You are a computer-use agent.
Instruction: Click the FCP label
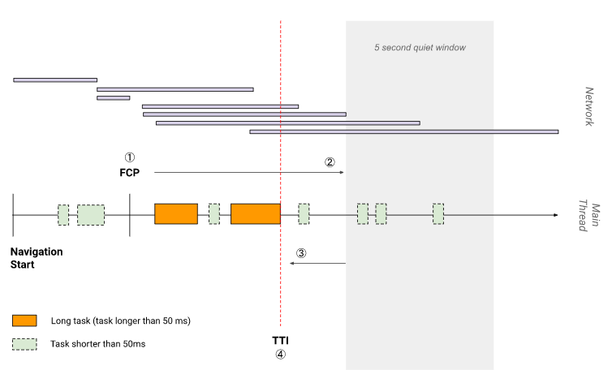[130, 172]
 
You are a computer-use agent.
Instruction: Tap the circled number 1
[129, 157]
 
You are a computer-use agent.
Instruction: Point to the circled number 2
[330, 161]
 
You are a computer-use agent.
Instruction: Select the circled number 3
[301, 252]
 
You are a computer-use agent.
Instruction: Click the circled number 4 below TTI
[281, 354]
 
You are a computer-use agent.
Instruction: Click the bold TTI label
[281, 339]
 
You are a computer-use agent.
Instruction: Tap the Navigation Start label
[37, 258]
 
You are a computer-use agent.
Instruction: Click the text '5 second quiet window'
[420, 48]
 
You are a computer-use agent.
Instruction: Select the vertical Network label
[590, 106]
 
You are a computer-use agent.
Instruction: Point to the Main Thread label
[587, 215]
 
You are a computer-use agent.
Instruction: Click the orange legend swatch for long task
[24, 320]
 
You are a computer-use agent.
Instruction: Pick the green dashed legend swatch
[24, 344]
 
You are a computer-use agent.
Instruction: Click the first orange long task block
[176, 213]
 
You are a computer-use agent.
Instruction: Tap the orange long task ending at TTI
[255, 213]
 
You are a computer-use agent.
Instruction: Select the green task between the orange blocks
[214, 213]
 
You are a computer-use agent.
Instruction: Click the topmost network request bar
[55, 80]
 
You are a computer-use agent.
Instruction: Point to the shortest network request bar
[113, 97]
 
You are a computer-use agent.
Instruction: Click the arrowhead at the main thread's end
[555, 214]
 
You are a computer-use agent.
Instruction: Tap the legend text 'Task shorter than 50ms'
[97, 344]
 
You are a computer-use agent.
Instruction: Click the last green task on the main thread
[438, 213]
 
